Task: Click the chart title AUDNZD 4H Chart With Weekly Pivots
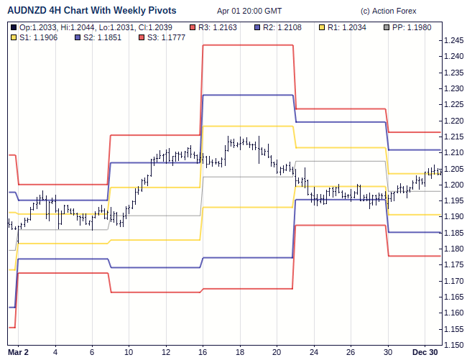[x=92, y=11]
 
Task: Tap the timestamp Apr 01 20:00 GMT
[x=249, y=11]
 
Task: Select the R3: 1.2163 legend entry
[x=220, y=27]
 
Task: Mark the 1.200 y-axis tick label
[x=453, y=185]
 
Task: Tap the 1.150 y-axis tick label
[x=453, y=329]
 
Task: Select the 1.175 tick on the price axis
[x=453, y=265]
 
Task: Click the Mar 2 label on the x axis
[x=18, y=352]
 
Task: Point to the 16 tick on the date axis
[x=203, y=352]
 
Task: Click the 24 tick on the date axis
[x=314, y=352]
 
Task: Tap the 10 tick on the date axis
[x=129, y=352]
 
